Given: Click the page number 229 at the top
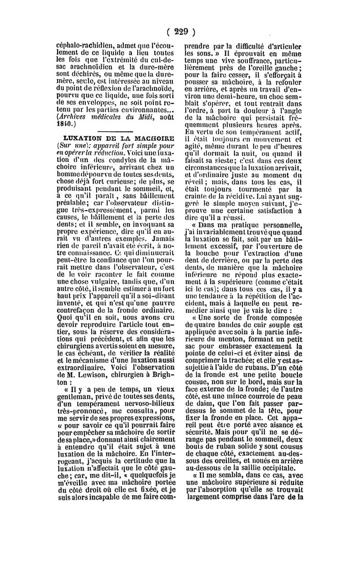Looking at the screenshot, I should tap(180, 32).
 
